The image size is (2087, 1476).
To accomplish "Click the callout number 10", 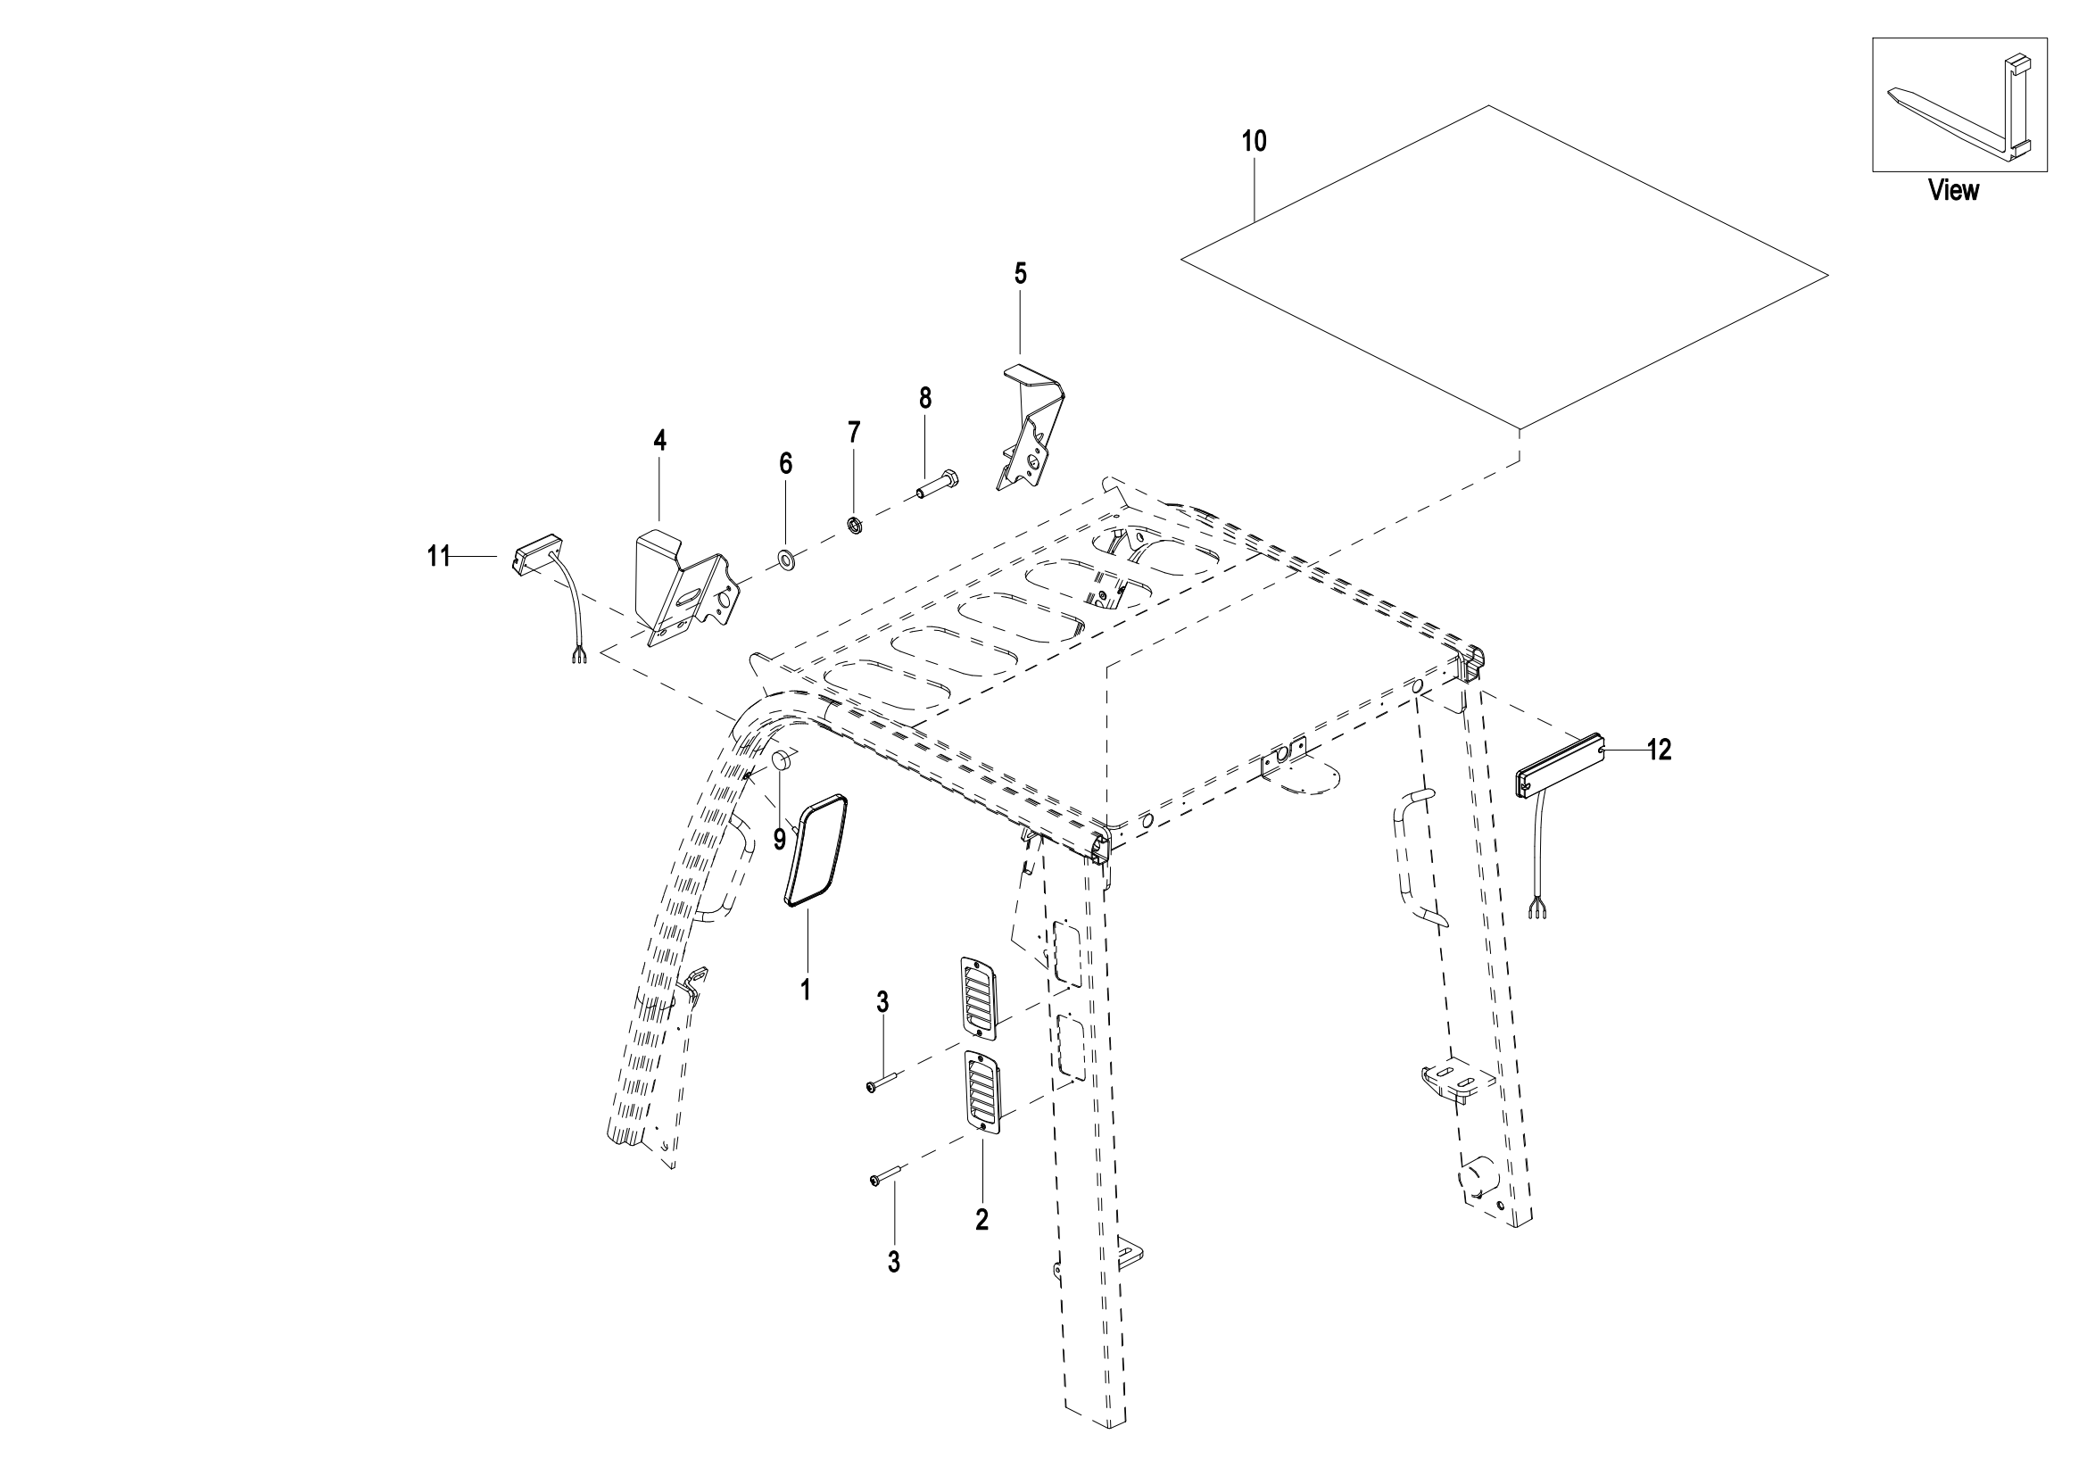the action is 1254,142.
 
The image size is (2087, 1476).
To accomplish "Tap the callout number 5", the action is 1021,274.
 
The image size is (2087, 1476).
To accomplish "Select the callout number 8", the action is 925,398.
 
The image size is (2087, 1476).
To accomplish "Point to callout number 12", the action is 1659,750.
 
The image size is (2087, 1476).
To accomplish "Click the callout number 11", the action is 440,556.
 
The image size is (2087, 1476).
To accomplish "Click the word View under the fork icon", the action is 1953,191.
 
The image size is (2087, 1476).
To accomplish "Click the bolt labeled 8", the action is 936,485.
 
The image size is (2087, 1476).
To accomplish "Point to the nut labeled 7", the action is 854,525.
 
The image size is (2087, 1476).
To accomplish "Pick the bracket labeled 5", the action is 1033,426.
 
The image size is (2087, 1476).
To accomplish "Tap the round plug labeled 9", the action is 783,760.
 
